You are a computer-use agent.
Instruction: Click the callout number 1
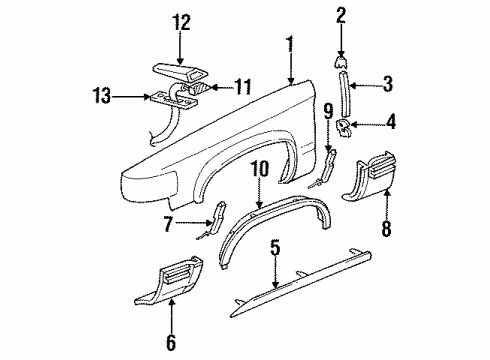click(x=290, y=43)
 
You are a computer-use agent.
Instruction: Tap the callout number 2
click(x=341, y=15)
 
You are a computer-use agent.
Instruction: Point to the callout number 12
click(x=180, y=21)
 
